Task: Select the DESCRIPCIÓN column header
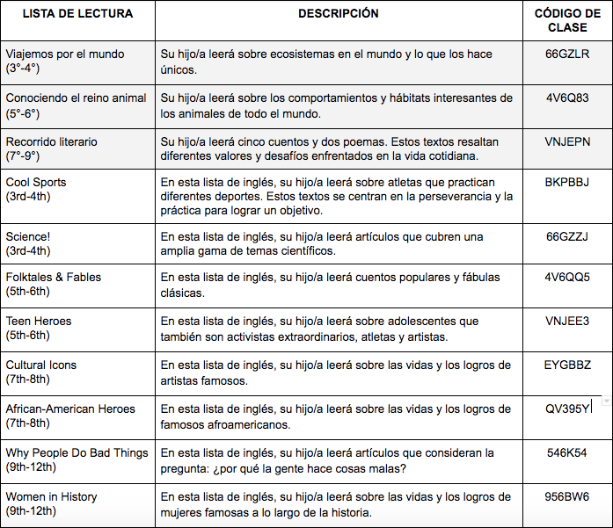(x=339, y=14)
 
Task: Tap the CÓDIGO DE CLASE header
(x=567, y=21)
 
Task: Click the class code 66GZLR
(x=567, y=54)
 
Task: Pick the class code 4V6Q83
(x=567, y=98)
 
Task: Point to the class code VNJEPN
(x=567, y=142)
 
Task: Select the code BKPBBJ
(x=567, y=183)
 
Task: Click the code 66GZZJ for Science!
(x=567, y=237)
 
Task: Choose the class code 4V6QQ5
(x=567, y=278)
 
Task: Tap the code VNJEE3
(x=567, y=322)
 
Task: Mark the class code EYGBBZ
(x=567, y=365)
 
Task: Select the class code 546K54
(x=567, y=453)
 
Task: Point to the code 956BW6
(x=567, y=497)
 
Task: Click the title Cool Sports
(x=36, y=183)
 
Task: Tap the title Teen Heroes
(x=39, y=322)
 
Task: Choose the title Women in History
(x=51, y=497)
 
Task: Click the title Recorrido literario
(x=51, y=142)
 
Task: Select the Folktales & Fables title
(x=54, y=278)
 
